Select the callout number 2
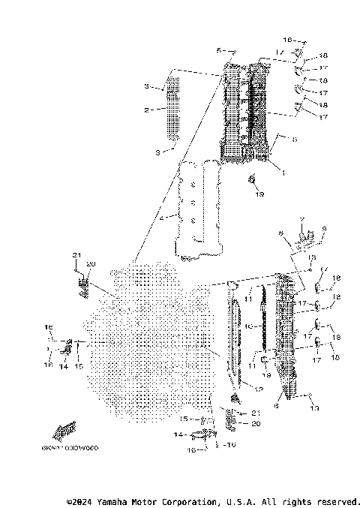[147, 110]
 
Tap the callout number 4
[161, 218]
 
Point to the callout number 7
[301, 221]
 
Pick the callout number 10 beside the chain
[244, 327]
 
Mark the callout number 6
[277, 405]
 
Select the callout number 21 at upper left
[76, 256]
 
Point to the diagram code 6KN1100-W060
[76, 448]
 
